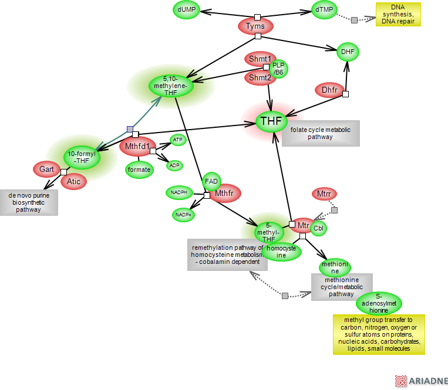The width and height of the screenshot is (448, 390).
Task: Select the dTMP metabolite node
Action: tap(324, 9)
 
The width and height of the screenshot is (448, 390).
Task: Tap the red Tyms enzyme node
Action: tap(255, 26)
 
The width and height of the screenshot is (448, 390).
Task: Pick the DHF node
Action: tap(348, 52)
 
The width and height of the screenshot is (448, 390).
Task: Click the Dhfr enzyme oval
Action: tap(329, 90)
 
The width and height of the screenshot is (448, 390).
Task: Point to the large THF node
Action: tap(271, 121)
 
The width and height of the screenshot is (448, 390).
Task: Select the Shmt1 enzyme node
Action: tap(259, 59)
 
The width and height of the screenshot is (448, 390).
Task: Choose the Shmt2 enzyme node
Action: tap(259, 77)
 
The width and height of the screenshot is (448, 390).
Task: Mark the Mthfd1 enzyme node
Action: tap(138, 146)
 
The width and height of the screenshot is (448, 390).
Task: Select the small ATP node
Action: tap(177, 140)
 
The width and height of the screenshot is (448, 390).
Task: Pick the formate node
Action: tap(139, 169)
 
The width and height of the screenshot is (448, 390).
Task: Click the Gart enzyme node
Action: tap(46, 169)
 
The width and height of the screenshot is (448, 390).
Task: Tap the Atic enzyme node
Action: tap(73, 181)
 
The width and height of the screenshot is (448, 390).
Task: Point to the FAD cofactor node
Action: tap(211, 181)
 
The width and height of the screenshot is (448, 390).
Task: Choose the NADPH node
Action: tap(179, 192)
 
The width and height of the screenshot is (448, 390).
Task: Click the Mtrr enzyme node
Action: tap(324, 194)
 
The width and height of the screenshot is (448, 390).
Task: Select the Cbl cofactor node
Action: tap(318, 228)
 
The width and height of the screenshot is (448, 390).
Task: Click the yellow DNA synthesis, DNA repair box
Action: tap(398, 15)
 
